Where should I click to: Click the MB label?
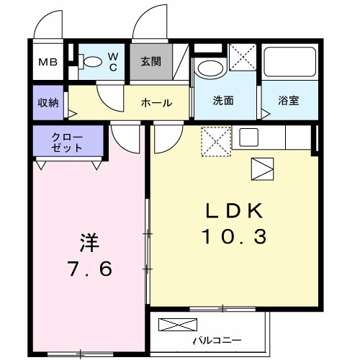pyautogui.click(x=48, y=63)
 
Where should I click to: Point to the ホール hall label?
pyautogui.click(x=156, y=103)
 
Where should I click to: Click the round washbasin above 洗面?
pyautogui.click(x=210, y=71)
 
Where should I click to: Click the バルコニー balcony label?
pyautogui.click(x=216, y=341)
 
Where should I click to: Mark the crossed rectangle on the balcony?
pyautogui.click(x=176, y=324)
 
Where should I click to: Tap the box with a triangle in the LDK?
pyautogui.click(x=261, y=169)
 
